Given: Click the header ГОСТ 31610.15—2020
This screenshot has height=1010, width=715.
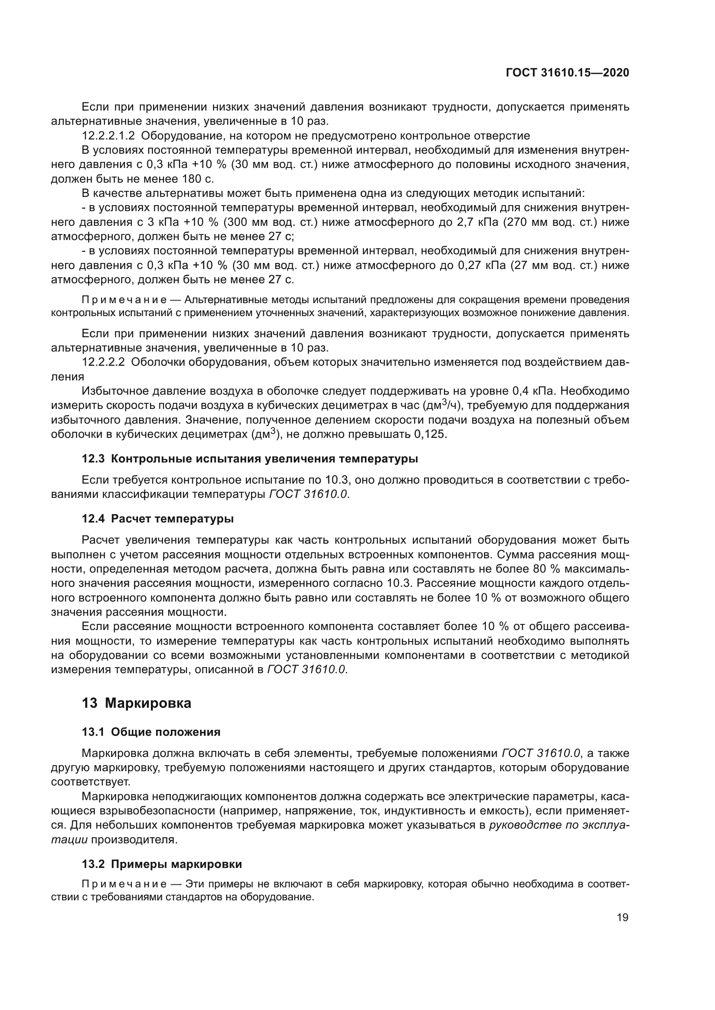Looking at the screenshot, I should pyautogui.click(x=567, y=73).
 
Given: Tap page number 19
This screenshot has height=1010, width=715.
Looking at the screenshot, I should pyautogui.click(x=622, y=930).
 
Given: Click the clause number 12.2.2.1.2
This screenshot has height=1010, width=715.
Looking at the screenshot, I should pyautogui.click(x=109, y=136).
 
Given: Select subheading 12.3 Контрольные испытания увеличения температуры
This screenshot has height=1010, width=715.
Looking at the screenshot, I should pyautogui.click(x=249, y=459).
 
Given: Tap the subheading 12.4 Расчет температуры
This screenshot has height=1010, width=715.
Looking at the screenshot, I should pyautogui.click(x=158, y=519).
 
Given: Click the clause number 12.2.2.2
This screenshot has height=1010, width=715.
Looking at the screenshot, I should pyautogui.click(x=103, y=362).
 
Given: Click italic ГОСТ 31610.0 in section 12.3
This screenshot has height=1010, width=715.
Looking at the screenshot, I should pyautogui.click(x=308, y=494).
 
